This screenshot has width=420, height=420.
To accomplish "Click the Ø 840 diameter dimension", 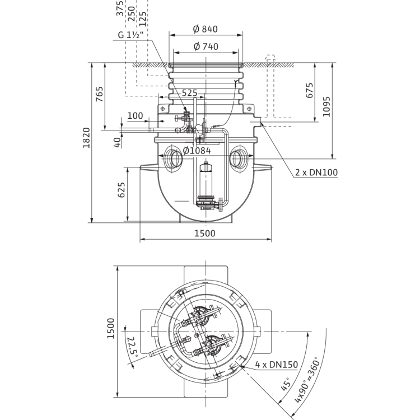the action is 206,29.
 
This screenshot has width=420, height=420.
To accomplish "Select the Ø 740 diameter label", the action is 206,46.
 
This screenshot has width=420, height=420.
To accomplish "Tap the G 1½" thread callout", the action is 130,35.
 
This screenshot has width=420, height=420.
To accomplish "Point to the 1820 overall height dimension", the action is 86,138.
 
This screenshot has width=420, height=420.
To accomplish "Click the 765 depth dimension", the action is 100,94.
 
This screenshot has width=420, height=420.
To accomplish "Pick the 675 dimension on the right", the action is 309,90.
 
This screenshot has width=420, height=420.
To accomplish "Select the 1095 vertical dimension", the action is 326,106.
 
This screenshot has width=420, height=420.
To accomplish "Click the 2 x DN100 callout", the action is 316,172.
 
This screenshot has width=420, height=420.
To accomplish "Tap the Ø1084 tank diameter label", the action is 197,151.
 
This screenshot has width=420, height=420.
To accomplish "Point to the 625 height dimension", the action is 122,190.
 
